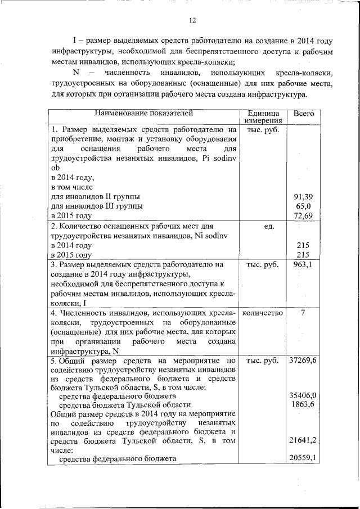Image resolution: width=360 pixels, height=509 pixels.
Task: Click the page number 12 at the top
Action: pyautogui.click(x=192, y=21)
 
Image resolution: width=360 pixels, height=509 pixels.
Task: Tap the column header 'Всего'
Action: pyautogui.click(x=304, y=113)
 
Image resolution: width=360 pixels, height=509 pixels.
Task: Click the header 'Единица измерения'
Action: pyautogui.click(x=263, y=116)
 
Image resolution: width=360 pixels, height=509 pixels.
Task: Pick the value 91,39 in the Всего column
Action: pyautogui.click(x=304, y=196)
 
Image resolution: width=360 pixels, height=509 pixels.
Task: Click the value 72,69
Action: pyautogui.click(x=304, y=215)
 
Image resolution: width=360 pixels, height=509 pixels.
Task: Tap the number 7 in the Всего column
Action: pyautogui.click(x=304, y=313)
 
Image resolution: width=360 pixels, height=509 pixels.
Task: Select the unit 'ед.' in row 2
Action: pyautogui.click(x=263, y=226)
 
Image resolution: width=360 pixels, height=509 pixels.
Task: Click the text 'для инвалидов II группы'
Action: pyautogui.click(x=95, y=196)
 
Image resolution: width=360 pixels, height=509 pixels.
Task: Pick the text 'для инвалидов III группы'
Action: pyautogui.click(x=97, y=206)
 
